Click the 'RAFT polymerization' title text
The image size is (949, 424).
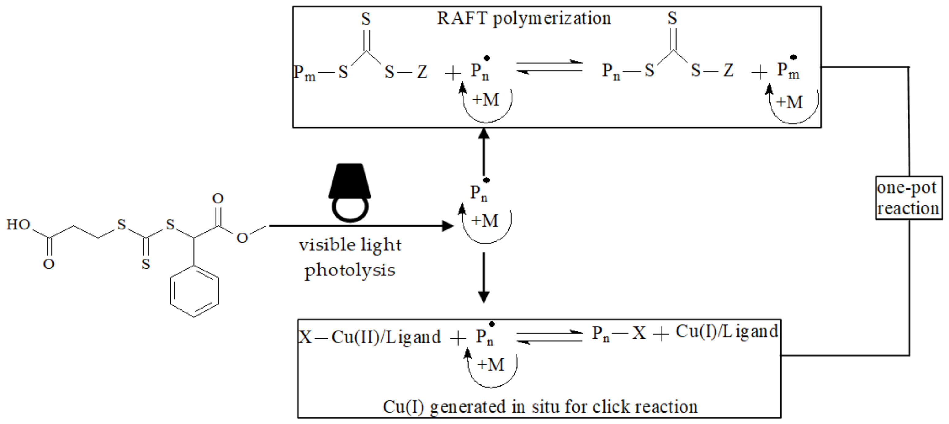coord(523,18)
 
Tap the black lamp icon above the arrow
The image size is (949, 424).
coord(350,192)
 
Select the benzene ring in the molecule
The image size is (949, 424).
coord(194,291)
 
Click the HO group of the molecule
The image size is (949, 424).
coord(18,225)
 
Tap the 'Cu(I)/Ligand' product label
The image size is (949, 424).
coord(726,331)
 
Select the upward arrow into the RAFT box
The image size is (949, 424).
coord(484,151)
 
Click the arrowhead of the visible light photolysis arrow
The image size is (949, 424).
coord(447,226)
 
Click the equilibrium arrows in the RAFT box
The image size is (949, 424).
coord(549,67)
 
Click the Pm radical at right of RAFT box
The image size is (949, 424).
coord(788,70)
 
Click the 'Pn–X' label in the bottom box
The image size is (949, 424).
coord(619,333)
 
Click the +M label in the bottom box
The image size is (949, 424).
coord(490,365)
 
